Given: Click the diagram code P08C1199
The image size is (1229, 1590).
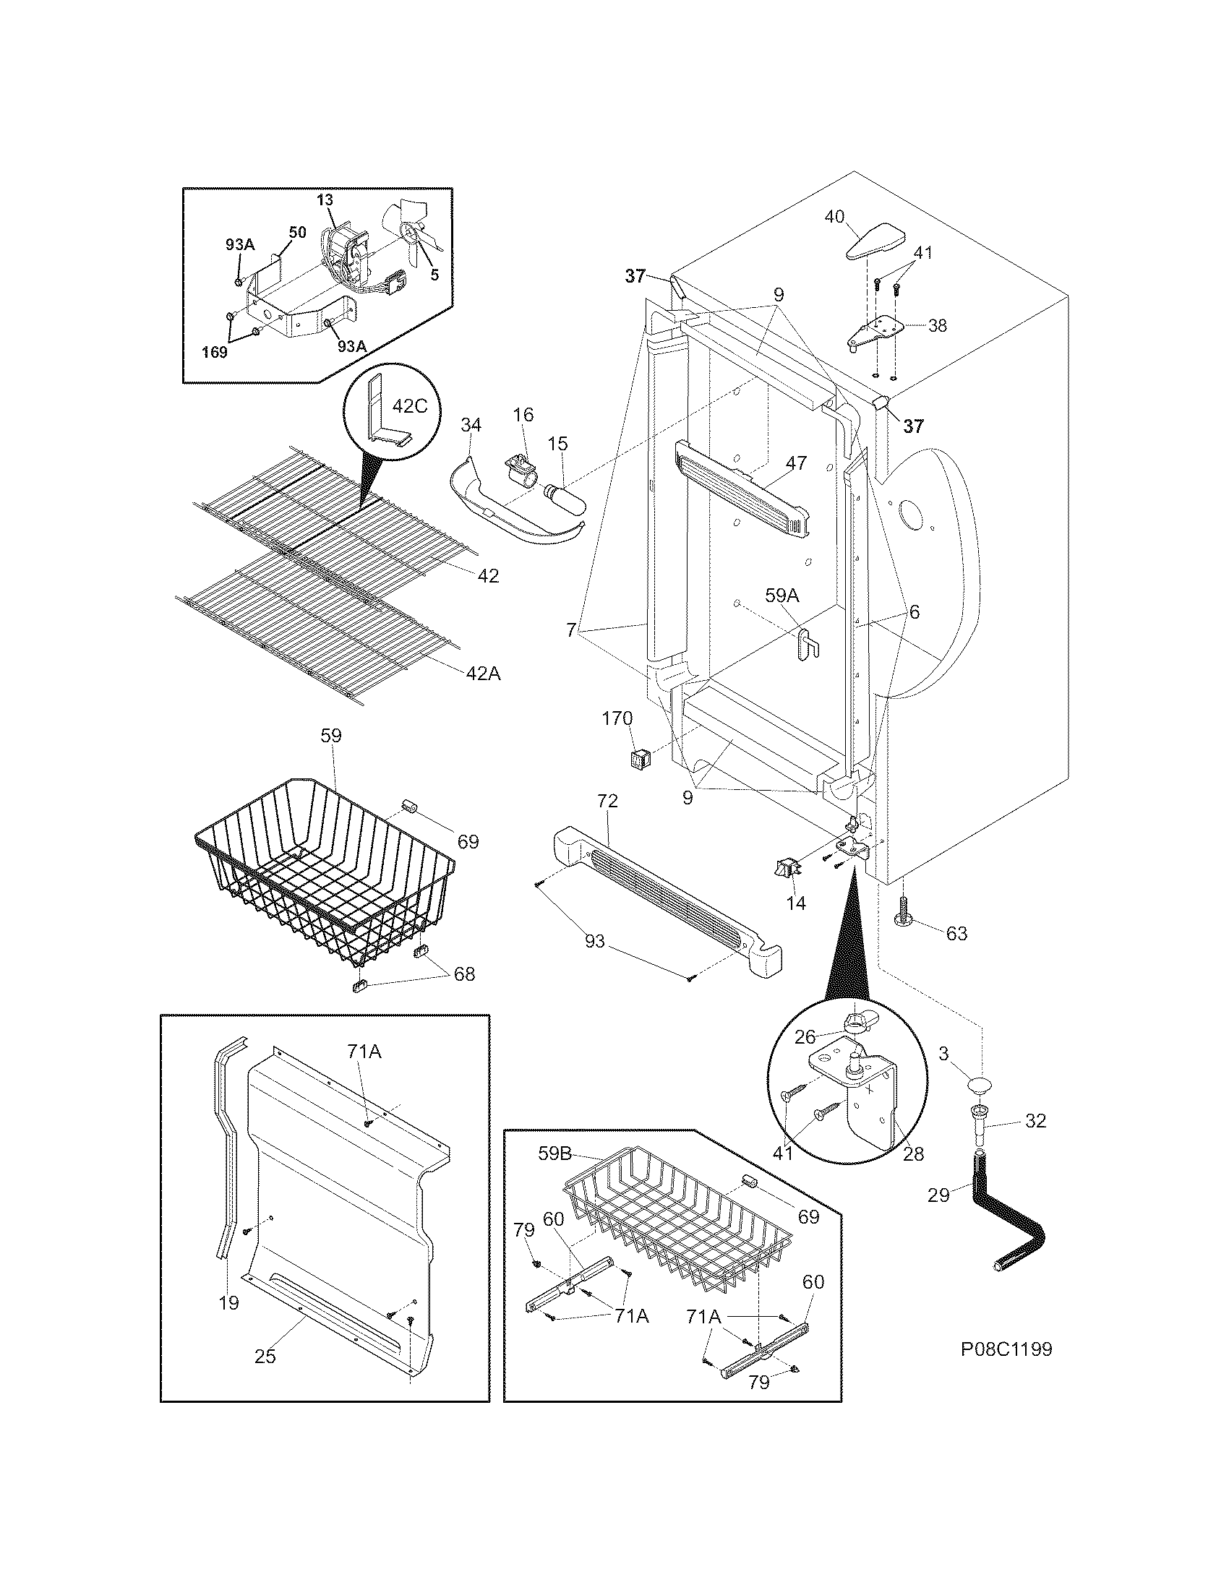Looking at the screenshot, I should point(1006,1349).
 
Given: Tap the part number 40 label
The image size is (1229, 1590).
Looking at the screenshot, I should point(834,216).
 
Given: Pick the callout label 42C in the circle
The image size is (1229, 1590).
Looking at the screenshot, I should point(410,405).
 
